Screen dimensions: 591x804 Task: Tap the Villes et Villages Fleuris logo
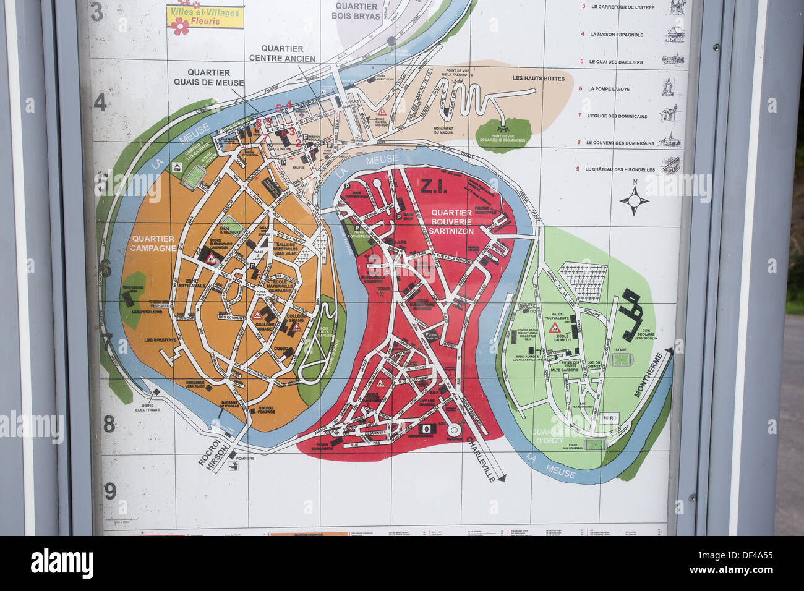pos(205,17)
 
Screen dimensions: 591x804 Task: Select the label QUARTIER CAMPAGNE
pos(153,243)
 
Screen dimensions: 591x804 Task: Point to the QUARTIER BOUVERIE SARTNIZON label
pos(451,221)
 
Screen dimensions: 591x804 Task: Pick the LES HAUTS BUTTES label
pos(538,79)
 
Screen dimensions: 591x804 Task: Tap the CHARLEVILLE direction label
pos(482,459)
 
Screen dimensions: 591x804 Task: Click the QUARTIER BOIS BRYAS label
pos(356,11)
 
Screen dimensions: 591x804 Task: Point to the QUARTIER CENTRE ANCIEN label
pos(282,54)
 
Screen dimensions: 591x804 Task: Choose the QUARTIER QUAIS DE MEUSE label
pos(208,78)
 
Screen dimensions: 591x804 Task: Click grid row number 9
pos(110,491)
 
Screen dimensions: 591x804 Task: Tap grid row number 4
pos(100,102)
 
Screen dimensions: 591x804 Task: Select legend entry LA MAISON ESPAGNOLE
pos(616,35)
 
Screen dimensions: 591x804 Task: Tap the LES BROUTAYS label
pos(160,340)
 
